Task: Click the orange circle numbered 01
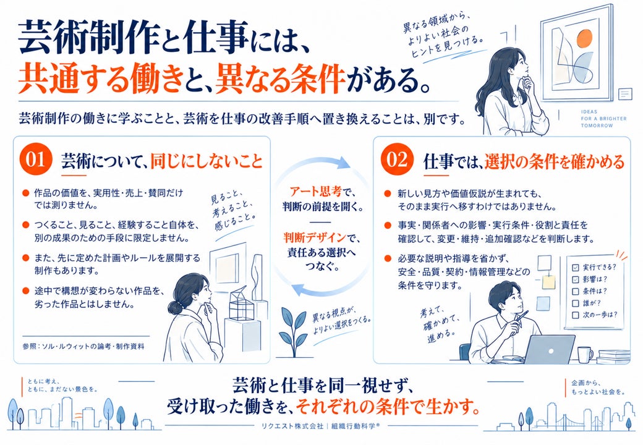pos(36,159)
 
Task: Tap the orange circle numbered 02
pos(396,159)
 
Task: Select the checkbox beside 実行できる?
pos(576,268)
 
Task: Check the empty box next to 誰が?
pos(576,303)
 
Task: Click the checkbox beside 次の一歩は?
pos(576,315)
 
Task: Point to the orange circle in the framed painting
pos(584,40)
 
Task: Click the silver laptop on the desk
pos(550,350)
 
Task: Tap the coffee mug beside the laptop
pos(585,354)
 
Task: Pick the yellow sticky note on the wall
pos(548,282)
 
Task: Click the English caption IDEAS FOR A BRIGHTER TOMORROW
pos(603,119)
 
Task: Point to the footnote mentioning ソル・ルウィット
pos(83,346)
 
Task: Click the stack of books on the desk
pos(614,357)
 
